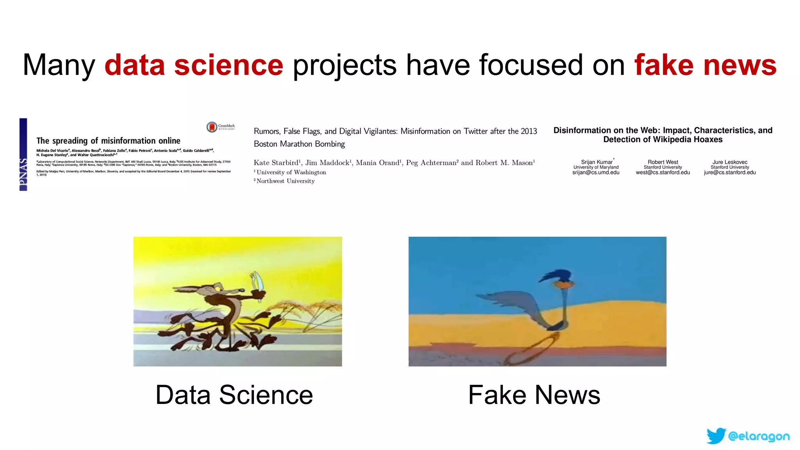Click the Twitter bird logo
pos(716,436)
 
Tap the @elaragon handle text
pos(759,436)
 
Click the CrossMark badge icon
pos(212,127)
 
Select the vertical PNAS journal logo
pos(23,155)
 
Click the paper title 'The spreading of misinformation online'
pos(108,141)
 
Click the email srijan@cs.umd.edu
pos(596,173)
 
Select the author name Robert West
pos(663,162)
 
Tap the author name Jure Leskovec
pos(730,162)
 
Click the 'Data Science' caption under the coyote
pos(234,395)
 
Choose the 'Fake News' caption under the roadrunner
pos(534,395)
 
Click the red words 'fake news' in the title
pos(705,65)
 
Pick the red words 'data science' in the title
pos(194,65)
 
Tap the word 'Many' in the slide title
pos(59,65)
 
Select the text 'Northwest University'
pos(285,181)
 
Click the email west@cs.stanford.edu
pos(663,173)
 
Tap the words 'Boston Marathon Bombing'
pos(299,144)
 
